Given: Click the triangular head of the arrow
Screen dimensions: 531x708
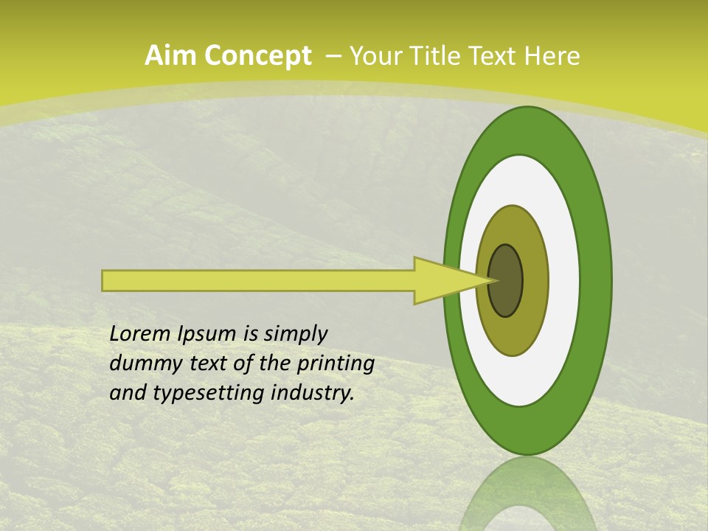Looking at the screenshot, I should point(442,280).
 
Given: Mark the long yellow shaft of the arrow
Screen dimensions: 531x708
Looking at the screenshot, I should point(258,280).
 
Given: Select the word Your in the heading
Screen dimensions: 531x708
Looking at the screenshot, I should point(375,56).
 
